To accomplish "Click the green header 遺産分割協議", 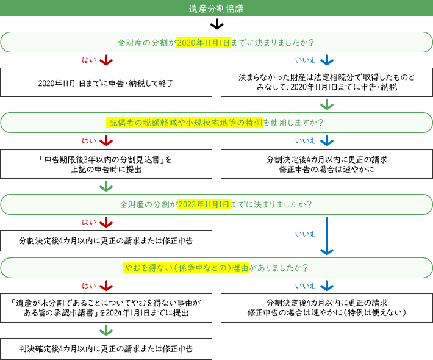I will point(216,9).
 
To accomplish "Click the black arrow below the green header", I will point(216,24).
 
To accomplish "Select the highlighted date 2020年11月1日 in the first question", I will point(203,43).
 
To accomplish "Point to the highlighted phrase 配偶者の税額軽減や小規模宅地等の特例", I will point(185,123).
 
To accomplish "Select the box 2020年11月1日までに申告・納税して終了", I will point(106,83).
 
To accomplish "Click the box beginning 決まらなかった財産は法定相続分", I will point(327,83).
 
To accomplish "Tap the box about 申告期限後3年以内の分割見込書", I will point(106,164).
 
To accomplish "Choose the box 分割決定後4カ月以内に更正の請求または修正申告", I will point(106,241).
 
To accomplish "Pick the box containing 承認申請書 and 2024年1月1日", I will point(106,307).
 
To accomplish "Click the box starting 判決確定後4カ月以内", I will point(106,350).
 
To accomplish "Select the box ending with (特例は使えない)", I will point(327,307).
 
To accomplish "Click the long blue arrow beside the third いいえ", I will point(327,236).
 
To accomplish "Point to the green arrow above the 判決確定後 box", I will point(106,330).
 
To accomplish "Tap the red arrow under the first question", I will point(106,60).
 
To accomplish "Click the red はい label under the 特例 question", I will point(88,141).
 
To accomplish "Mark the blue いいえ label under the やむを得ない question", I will point(305,286).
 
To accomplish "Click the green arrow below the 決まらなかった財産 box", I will point(327,104).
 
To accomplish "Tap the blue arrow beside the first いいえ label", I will point(327,60).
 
